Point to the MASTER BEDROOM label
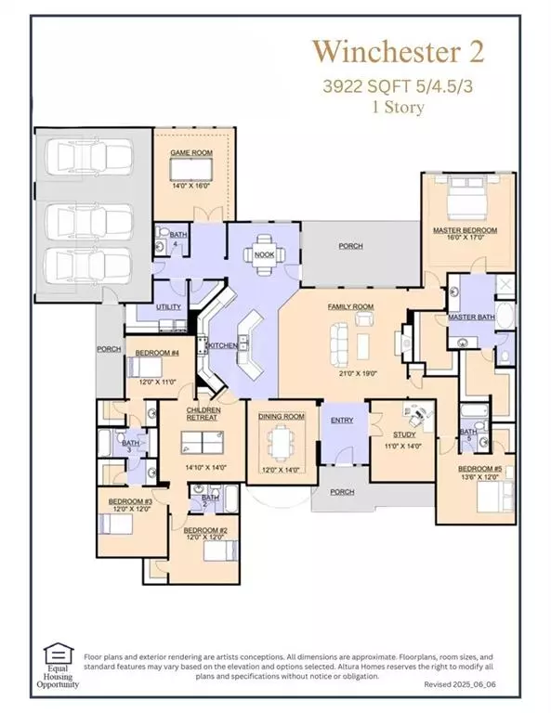[465, 229]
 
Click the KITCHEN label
[223, 345]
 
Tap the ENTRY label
[342, 421]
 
